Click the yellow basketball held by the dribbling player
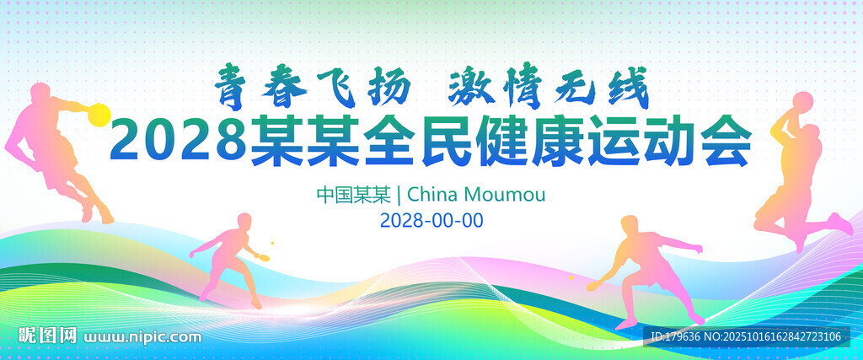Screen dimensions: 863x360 point(99,115)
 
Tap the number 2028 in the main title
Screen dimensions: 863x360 point(178,141)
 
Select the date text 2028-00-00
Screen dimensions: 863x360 point(431,220)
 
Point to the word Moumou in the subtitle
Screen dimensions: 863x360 point(506,194)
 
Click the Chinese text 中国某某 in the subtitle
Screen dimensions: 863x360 point(353,194)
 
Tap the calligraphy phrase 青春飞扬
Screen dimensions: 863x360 point(313,88)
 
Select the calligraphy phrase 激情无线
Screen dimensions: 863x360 point(549,88)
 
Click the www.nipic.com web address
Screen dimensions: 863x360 point(142,336)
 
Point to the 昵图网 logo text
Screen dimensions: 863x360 point(48,335)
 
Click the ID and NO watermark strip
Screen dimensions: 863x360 point(746,337)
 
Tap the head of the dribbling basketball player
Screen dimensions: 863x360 point(40,94)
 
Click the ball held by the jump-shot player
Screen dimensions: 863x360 point(803,102)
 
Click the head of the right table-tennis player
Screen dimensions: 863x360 point(629,225)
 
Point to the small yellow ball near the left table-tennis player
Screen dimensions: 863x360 point(272,243)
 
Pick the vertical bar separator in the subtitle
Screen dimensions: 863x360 point(399,194)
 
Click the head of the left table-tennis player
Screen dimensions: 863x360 point(244,220)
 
